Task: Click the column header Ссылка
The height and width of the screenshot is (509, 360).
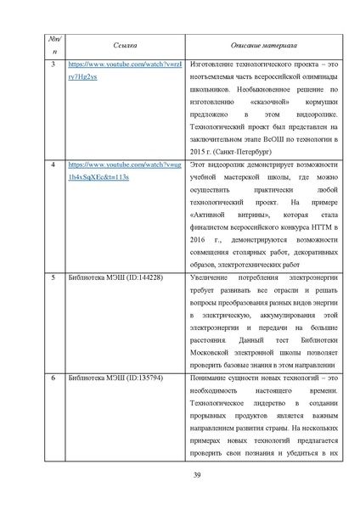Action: (117, 43)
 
